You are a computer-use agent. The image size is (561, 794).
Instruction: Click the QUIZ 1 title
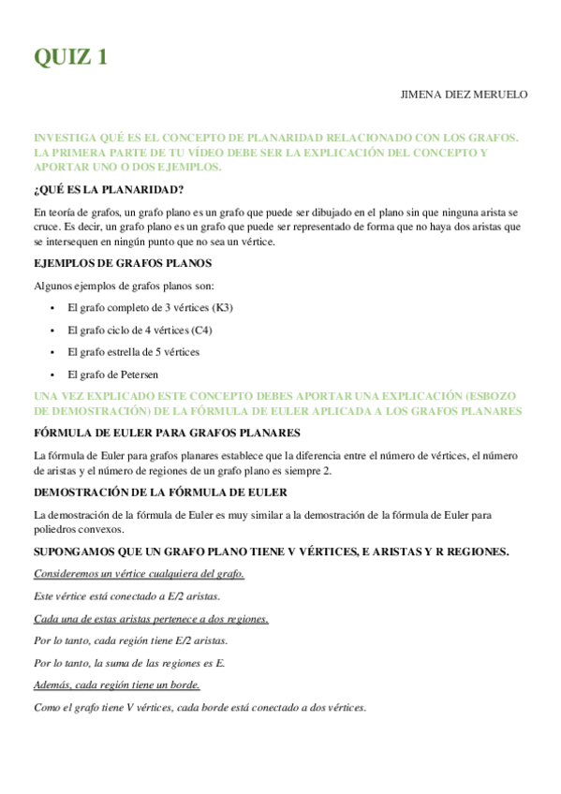click(x=71, y=58)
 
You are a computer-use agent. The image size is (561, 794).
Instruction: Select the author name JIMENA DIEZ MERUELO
click(x=464, y=95)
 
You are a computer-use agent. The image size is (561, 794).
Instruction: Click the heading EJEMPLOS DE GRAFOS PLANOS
click(x=123, y=263)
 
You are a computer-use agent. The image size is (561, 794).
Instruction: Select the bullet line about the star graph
click(x=134, y=352)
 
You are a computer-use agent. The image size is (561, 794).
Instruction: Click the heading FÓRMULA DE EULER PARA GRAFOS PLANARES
click(x=167, y=433)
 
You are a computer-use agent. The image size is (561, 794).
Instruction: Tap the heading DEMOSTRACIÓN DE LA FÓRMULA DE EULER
click(x=160, y=492)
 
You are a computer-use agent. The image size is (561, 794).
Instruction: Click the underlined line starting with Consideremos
click(x=139, y=573)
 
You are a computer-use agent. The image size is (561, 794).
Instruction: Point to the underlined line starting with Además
click(x=116, y=685)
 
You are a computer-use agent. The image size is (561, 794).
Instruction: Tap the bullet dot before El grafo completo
click(x=52, y=307)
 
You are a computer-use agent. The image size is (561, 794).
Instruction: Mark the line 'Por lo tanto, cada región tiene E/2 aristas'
click(x=130, y=640)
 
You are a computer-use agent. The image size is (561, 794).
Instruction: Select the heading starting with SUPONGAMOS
click(x=271, y=551)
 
